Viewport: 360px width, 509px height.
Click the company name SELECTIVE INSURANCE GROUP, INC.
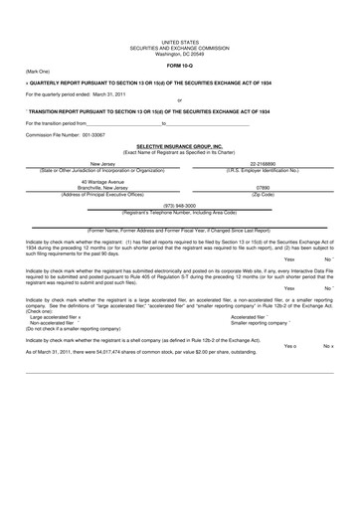point(179,144)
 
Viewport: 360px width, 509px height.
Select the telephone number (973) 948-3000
point(179,207)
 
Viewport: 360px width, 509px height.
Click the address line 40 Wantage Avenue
point(102,181)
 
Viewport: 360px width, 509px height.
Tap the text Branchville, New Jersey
point(102,187)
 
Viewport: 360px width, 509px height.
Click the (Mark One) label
point(39,73)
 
